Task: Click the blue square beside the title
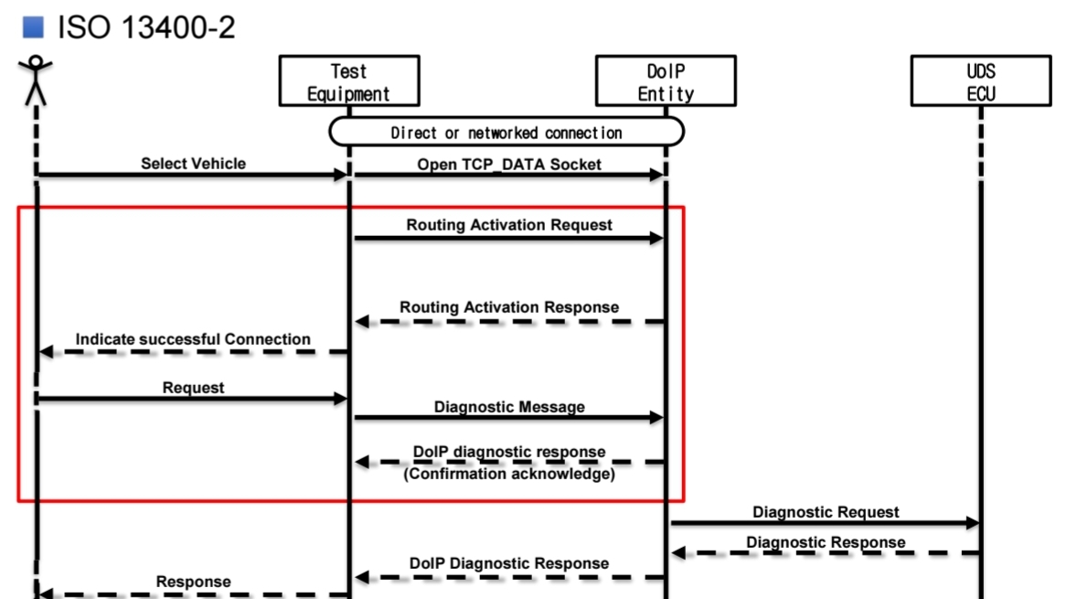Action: tap(33, 27)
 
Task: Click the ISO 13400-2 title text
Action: tap(146, 27)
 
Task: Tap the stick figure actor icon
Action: tap(36, 81)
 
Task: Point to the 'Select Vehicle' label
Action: tap(193, 164)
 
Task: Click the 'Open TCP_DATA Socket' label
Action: tap(509, 165)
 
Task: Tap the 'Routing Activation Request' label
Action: tap(509, 225)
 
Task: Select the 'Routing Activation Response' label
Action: tap(509, 307)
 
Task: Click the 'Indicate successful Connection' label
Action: tap(193, 339)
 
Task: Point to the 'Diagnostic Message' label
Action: tap(509, 407)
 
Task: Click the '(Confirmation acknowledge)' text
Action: tap(509, 474)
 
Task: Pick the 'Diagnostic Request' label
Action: tap(826, 512)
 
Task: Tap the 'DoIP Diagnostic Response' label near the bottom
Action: tap(509, 563)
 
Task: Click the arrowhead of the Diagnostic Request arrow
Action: tap(973, 523)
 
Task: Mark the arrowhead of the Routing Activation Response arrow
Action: tap(362, 322)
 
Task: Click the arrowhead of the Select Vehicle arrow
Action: tap(341, 176)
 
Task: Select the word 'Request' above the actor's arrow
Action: tap(193, 388)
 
